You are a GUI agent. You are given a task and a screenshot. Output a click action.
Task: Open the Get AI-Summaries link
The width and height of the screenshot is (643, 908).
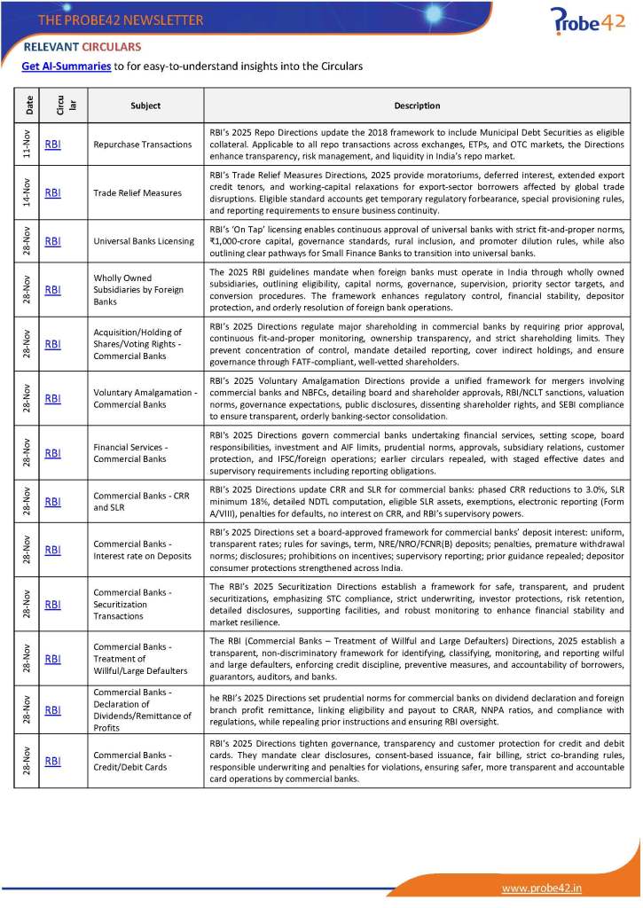tap(67, 66)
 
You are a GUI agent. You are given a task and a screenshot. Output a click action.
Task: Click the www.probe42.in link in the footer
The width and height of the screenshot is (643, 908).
tap(542, 888)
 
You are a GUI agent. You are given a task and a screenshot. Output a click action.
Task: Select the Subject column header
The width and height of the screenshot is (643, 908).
tap(145, 106)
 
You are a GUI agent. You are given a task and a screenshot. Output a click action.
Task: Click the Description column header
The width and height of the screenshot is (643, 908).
tap(417, 106)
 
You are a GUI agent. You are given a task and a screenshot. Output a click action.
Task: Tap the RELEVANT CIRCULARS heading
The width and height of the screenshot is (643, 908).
tap(82, 47)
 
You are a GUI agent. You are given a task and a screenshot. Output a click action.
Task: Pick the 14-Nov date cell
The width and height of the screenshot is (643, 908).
tap(29, 192)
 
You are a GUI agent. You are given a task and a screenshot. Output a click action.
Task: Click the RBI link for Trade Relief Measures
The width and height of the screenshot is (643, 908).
tap(52, 192)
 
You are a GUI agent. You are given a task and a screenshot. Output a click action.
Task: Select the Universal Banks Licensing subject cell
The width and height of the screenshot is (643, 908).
tap(143, 240)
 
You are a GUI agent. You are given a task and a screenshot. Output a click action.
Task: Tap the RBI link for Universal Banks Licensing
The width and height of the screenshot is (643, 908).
tap(52, 240)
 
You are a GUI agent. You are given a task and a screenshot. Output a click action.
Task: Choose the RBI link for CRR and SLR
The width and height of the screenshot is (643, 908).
tap(52, 501)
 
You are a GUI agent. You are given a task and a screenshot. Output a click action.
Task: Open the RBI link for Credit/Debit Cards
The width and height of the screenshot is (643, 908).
tap(52, 761)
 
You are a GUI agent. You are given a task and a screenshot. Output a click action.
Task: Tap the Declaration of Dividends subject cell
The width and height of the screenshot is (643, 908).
tap(142, 709)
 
